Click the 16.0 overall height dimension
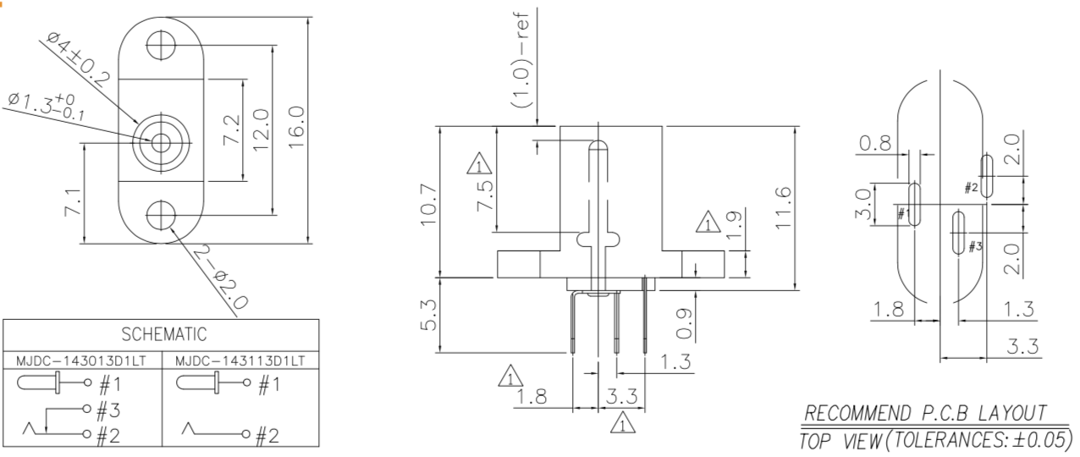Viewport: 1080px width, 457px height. (x=297, y=127)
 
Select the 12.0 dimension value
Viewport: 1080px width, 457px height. (x=261, y=129)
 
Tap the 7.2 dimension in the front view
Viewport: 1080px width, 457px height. (x=232, y=129)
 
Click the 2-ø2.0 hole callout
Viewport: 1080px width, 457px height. (x=221, y=279)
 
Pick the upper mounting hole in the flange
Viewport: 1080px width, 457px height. (x=162, y=45)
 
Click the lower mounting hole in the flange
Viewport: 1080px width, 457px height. (x=162, y=214)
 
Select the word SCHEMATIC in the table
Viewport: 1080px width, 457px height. (x=164, y=334)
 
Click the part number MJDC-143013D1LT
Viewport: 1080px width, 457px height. (x=81, y=361)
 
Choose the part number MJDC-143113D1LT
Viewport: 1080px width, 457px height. (x=240, y=361)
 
